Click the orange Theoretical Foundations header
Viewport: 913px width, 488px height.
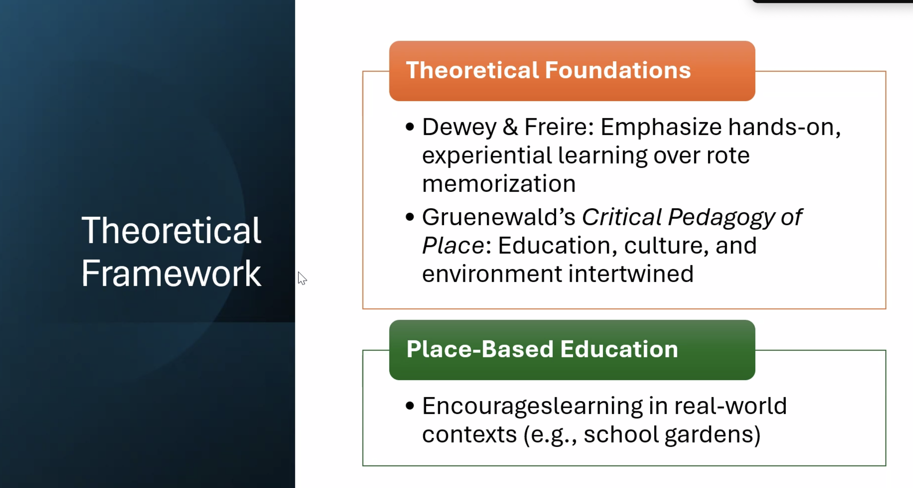tap(572, 71)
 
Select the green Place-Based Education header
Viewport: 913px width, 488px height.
tap(572, 350)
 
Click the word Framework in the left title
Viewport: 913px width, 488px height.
tap(171, 274)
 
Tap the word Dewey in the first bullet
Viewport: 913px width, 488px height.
tap(459, 127)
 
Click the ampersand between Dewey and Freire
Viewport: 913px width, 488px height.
tap(511, 127)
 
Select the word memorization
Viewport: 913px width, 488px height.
tap(499, 184)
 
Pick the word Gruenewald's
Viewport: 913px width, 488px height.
tap(499, 217)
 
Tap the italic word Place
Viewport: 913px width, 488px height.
tap(454, 246)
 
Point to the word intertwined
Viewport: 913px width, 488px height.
tap(631, 274)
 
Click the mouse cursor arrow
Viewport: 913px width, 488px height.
tap(302, 278)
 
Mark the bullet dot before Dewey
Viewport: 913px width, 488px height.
tap(410, 127)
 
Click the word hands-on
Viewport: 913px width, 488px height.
tap(784, 127)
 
